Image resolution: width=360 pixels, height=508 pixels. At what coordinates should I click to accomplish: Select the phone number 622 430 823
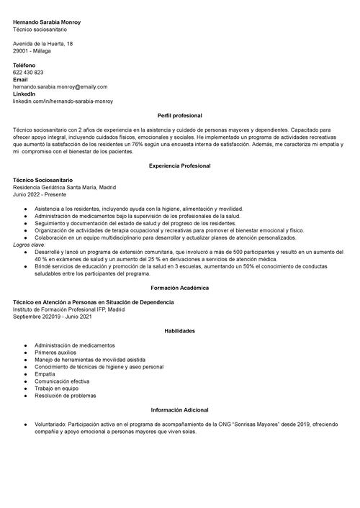[x=28, y=73]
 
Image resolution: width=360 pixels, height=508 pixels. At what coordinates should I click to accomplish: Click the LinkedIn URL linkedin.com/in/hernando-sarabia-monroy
[x=63, y=101]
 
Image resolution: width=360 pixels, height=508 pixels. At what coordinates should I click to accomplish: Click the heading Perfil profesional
[x=179, y=116]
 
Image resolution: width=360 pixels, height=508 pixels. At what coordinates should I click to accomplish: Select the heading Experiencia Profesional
[x=179, y=165]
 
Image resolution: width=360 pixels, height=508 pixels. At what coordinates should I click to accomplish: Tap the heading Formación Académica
[x=179, y=288]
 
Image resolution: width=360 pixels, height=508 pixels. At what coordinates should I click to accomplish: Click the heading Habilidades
[x=179, y=331]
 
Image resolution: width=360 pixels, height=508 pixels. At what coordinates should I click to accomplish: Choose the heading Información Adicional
[x=179, y=409]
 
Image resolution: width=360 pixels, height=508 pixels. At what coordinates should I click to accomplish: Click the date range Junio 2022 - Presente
[x=40, y=194]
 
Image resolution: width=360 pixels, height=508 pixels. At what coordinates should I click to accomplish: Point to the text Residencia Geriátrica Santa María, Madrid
[x=64, y=186]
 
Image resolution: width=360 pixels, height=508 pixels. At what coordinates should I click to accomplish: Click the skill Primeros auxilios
[x=55, y=353]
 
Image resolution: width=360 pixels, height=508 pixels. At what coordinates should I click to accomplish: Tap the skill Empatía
[x=45, y=374]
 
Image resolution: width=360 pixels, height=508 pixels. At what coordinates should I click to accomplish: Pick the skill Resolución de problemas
[x=65, y=396]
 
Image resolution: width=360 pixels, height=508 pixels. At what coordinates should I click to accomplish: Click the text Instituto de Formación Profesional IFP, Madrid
[x=68, y=309]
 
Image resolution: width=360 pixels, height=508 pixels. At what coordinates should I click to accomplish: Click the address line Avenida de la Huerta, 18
[x=42, y=44]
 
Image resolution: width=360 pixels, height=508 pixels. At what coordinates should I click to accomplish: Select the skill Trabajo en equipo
[x=55, y=389]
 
